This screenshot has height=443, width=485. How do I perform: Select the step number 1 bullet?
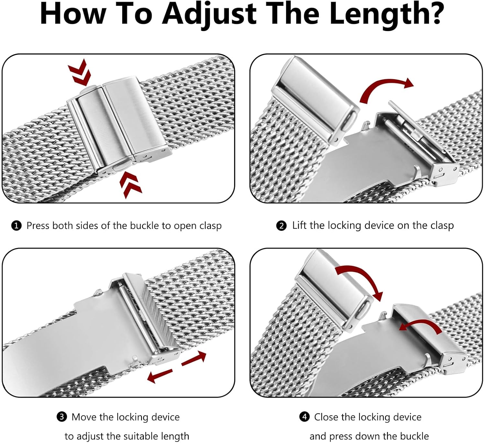16,226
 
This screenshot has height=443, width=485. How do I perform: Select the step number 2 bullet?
281,226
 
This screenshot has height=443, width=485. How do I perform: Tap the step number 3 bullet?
61,417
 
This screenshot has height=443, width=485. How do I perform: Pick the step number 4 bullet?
304,417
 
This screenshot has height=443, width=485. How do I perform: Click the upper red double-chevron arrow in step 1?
79,72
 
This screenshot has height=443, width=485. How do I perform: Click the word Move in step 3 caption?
84,417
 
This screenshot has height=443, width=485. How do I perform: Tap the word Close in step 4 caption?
327,417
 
